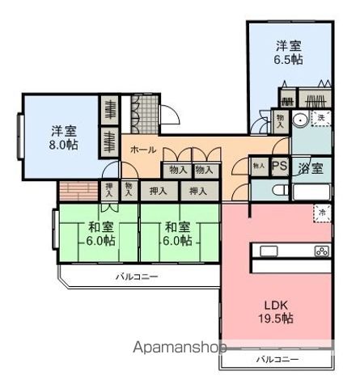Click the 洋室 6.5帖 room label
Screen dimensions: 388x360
click(289, 53)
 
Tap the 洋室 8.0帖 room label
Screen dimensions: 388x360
click(62, 137)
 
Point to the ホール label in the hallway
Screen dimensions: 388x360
click(142, 150)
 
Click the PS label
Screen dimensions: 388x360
click(279, 166)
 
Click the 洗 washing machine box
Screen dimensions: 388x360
click(321, 119)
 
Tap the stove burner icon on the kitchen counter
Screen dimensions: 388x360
click(321, 250)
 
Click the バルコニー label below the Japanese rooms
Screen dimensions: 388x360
click(135, 276)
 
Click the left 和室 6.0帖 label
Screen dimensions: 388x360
click(100, 234)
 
